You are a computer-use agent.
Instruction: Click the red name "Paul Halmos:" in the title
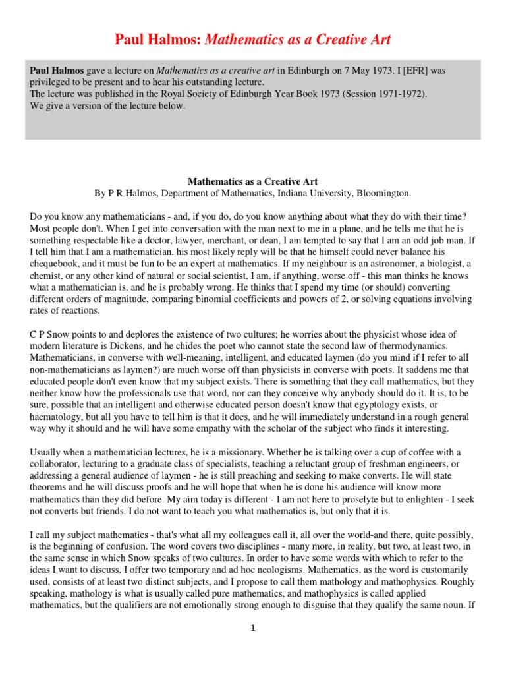[x=159, y=40]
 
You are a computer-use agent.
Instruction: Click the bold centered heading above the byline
[x=252, y=180]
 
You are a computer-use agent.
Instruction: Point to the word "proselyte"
[x=326, y=500]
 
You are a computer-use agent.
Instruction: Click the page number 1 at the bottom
[x=252, y=628]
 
